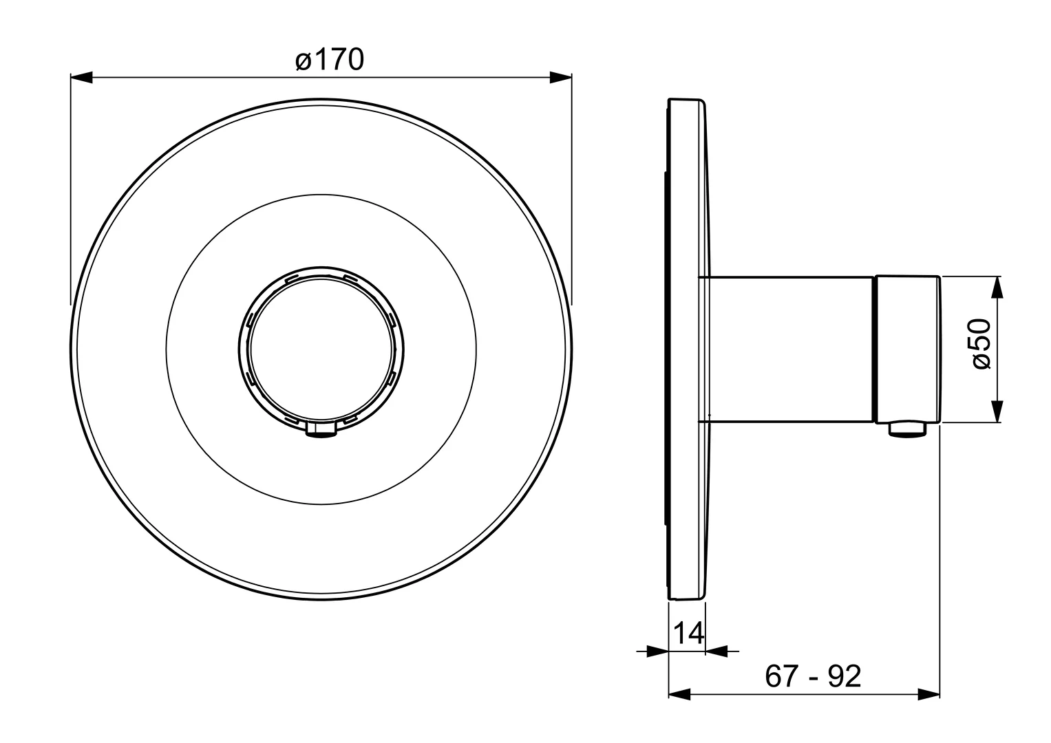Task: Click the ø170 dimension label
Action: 330,60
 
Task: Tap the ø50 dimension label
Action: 982,344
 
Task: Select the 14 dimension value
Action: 688,633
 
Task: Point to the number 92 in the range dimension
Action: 844,676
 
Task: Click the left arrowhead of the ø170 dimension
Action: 81,77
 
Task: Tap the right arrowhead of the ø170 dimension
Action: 561,77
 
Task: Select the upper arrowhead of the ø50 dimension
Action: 997,287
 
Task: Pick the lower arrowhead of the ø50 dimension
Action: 997,411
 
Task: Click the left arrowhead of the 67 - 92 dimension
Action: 679,694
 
